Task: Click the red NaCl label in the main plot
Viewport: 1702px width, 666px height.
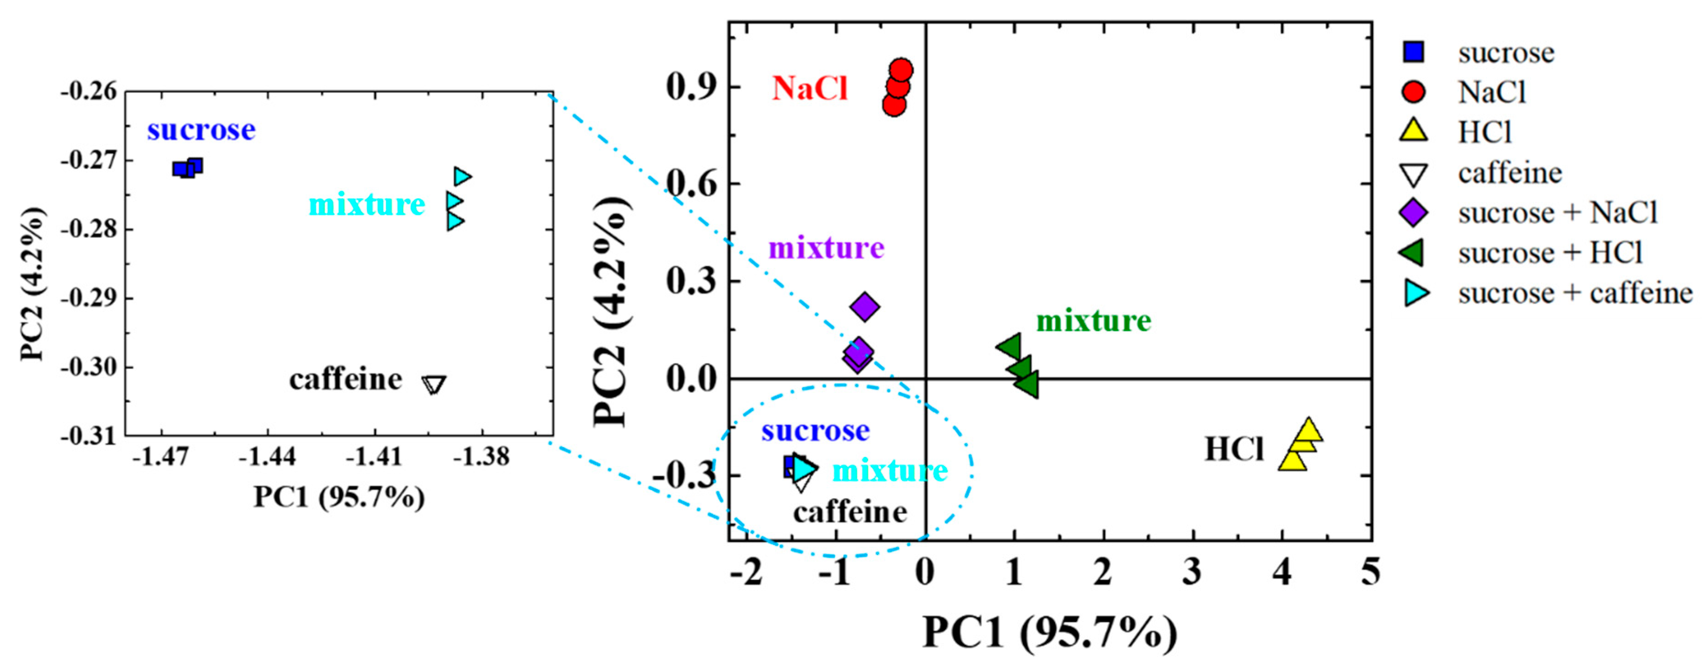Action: (810, 88)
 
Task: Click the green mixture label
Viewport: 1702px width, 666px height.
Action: (1094, 321)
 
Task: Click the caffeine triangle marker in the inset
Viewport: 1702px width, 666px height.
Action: (434, 384)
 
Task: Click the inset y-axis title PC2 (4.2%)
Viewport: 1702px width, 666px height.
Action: (33, 284)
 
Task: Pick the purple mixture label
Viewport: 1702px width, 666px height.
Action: (826, 248)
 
